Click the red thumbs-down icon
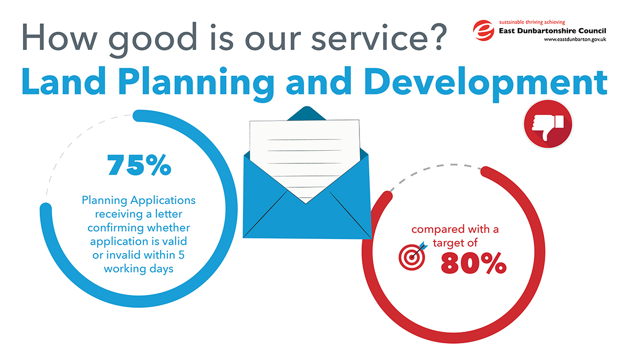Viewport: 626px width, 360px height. (548, 124)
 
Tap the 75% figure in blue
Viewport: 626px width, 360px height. (139, 165)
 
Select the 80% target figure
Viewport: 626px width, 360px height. (474, 263)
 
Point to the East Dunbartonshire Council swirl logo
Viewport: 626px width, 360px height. (484, 30)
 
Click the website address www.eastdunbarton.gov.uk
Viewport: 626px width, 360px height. (575, 40)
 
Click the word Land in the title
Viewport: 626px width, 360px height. (64, 81)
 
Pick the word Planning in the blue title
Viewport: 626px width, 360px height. (196, 84)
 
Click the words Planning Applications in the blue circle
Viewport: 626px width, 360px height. (139, 201)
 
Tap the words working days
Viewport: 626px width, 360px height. (139, 269)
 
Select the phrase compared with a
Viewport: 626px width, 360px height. (455, 230)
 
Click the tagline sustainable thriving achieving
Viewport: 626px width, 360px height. (532, 22)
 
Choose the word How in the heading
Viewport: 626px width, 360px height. (59, 37)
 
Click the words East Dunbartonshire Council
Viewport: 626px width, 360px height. (552, 31)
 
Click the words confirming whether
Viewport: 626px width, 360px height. (139, 228)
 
